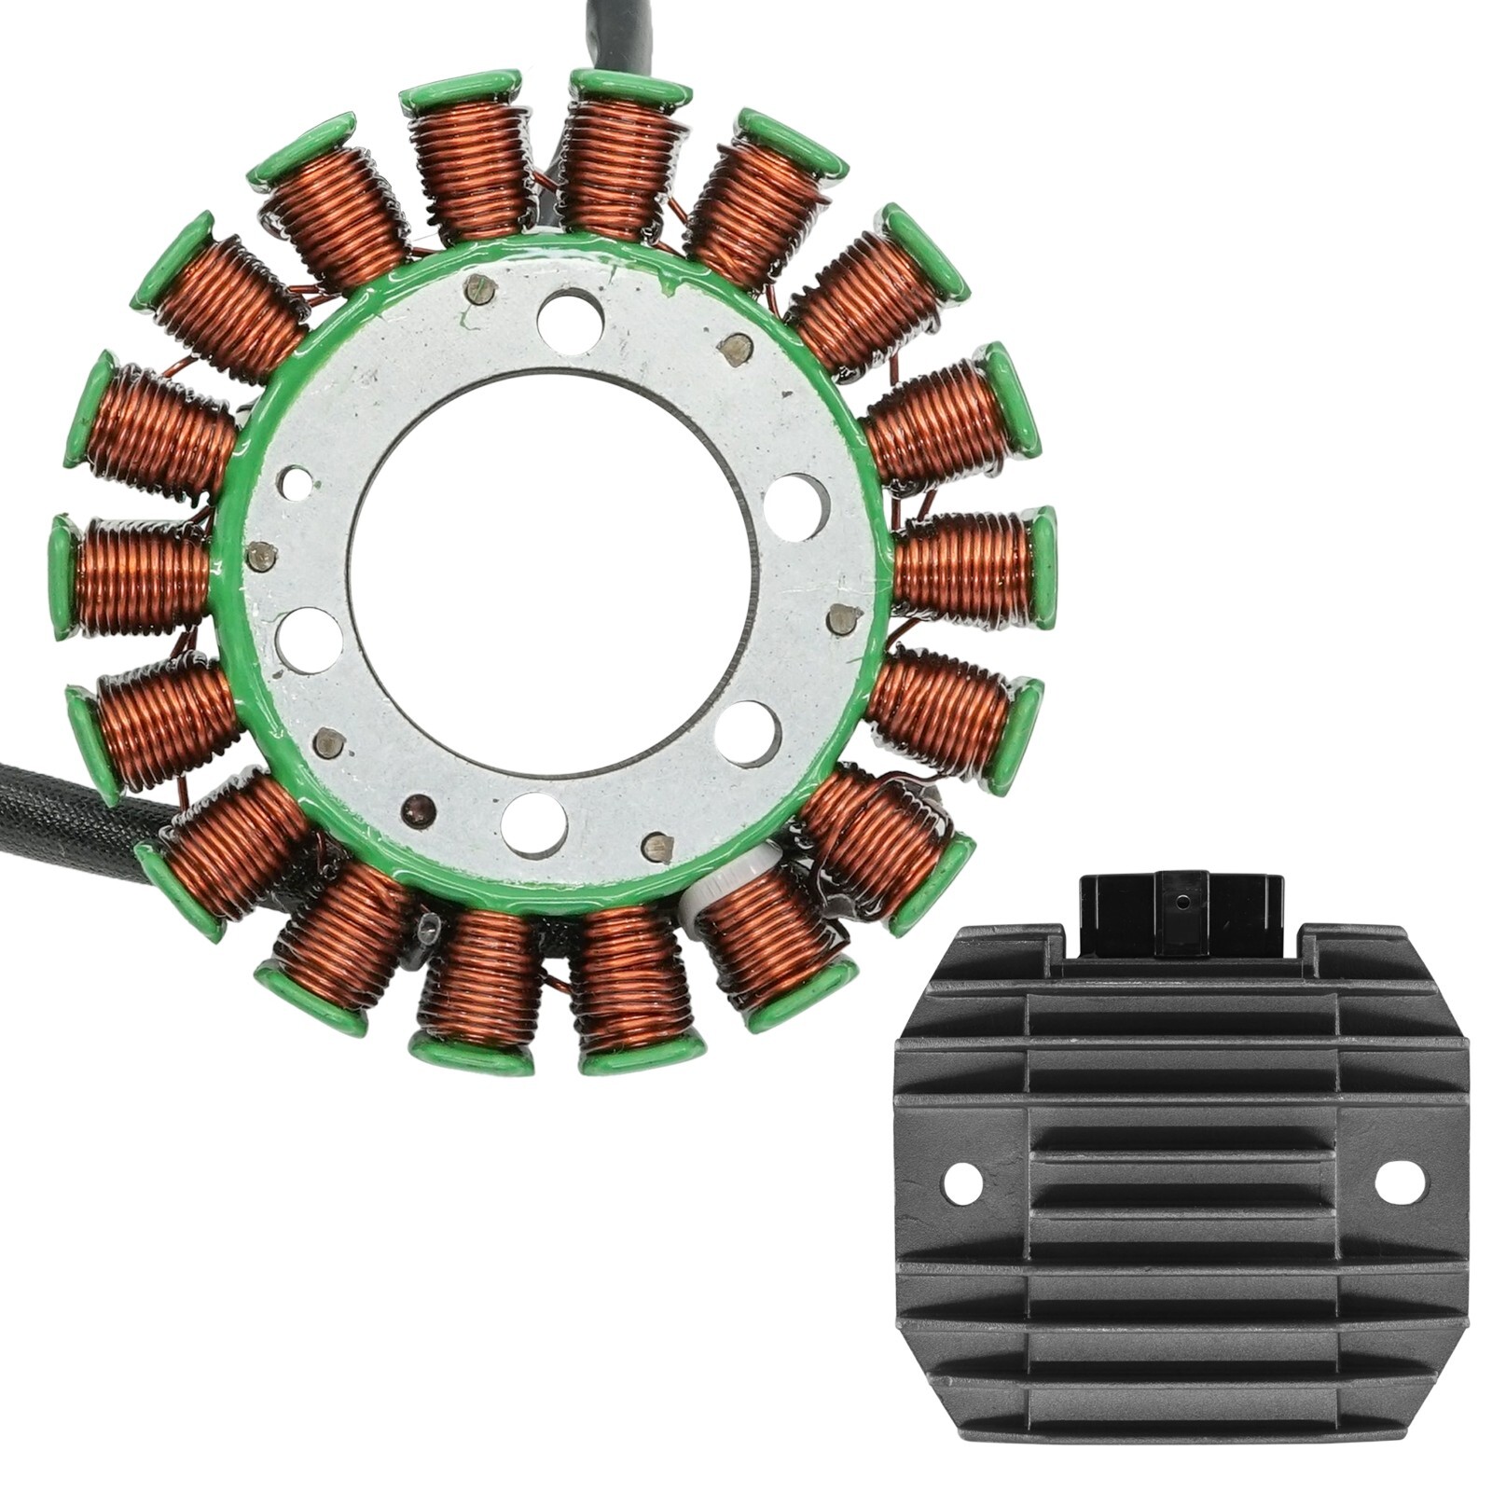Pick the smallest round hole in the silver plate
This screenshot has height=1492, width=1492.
click(297, 482)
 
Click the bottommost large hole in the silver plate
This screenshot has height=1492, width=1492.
click(533, 824)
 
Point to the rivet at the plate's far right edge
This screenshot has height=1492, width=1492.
click(844, 616)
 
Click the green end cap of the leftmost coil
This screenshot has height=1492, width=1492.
click(63, 576)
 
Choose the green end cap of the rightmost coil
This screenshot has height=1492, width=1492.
click(1044, 566)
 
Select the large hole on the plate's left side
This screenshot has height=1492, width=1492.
click(310, 641)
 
